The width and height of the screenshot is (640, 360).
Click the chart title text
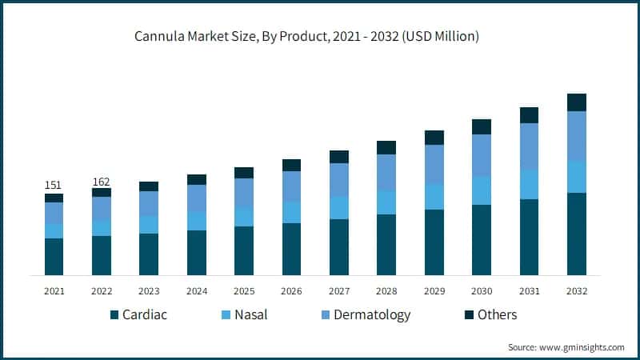coord(320,38)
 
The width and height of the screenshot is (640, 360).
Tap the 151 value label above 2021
coord(54,185)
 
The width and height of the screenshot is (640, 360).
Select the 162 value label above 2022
coord(102,181)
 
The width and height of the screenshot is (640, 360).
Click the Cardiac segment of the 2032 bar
coord(576,234)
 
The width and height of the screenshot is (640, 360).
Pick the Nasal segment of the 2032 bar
coord(576,177)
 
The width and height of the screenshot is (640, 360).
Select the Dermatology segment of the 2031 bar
coord(529,146)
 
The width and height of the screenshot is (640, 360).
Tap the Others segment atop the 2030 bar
coord(481,126)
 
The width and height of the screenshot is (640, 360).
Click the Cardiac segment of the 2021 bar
coord(54,257)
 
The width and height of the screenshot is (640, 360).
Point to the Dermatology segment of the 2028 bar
coord(386,173)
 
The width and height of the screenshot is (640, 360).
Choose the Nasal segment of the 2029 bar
coord(434,197)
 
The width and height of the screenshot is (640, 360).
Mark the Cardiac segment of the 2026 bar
coord(291,249)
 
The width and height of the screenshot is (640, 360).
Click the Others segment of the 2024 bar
coord(196,179)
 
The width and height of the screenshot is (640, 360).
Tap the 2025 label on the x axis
coord(243,291)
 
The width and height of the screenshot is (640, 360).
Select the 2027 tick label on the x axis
coord(338,291)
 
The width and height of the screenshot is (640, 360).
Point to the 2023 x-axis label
coord(149,291)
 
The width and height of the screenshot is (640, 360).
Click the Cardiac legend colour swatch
coord(114,315)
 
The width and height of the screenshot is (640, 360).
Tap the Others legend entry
coord(497,315)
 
